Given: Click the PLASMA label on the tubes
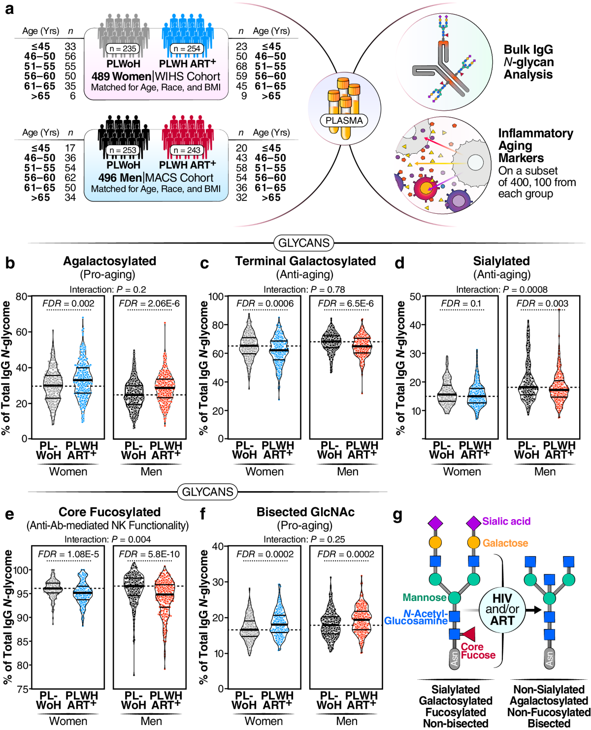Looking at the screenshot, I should (x=344, y=121).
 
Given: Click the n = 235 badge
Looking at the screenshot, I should (x=123, y=49).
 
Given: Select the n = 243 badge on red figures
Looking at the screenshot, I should (x=187, y=150).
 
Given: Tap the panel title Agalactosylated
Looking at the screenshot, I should (x=109, y=261).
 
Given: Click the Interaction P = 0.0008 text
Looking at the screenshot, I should (x=501, y=290).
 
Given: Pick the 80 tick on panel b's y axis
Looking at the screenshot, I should (x=21, y=297).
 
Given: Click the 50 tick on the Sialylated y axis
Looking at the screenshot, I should (x=415, y=297).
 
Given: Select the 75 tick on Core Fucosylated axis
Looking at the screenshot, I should (x=23, y=689).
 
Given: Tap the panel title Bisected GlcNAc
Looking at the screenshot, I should (x=305, y=512).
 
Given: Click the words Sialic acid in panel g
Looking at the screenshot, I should (x=506, y=521).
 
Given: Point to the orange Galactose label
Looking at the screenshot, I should (x=505, y=543).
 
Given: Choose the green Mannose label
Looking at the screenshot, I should (x=424, y=597).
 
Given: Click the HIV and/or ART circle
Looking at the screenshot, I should (x=502, y=609).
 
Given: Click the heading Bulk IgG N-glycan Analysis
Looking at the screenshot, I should (x=528, y=62).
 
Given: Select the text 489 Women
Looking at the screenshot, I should (x=121, y=77).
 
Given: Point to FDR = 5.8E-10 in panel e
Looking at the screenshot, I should (x=149, y=554).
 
